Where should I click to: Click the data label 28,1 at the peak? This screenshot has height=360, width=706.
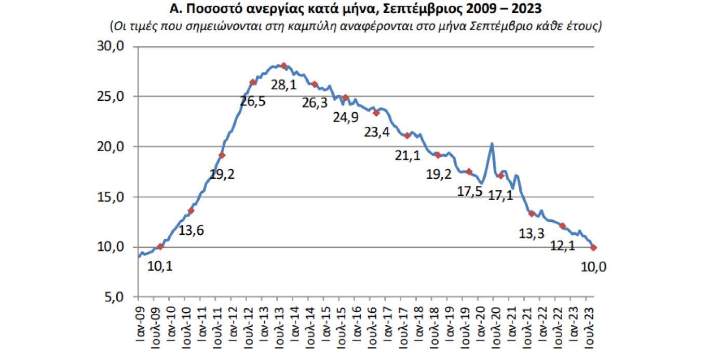[x=283, y=85]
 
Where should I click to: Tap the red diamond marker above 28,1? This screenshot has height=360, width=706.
[x=283, y=65]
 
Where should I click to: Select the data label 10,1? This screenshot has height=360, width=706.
[x=160, y=266]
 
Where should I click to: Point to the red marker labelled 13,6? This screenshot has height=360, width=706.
[x=191, y=211]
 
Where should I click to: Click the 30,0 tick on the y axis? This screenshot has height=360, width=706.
[x=111, y=47]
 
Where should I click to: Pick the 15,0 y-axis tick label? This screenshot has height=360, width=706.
[x=111, y=197]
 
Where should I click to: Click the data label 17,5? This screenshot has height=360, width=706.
[x=470, y=191]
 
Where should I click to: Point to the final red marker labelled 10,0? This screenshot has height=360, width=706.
[x=593, y=248]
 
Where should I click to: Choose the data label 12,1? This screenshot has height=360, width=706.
[x=563, y=246]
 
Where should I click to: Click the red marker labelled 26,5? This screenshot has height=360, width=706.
[x=253, y=82]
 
